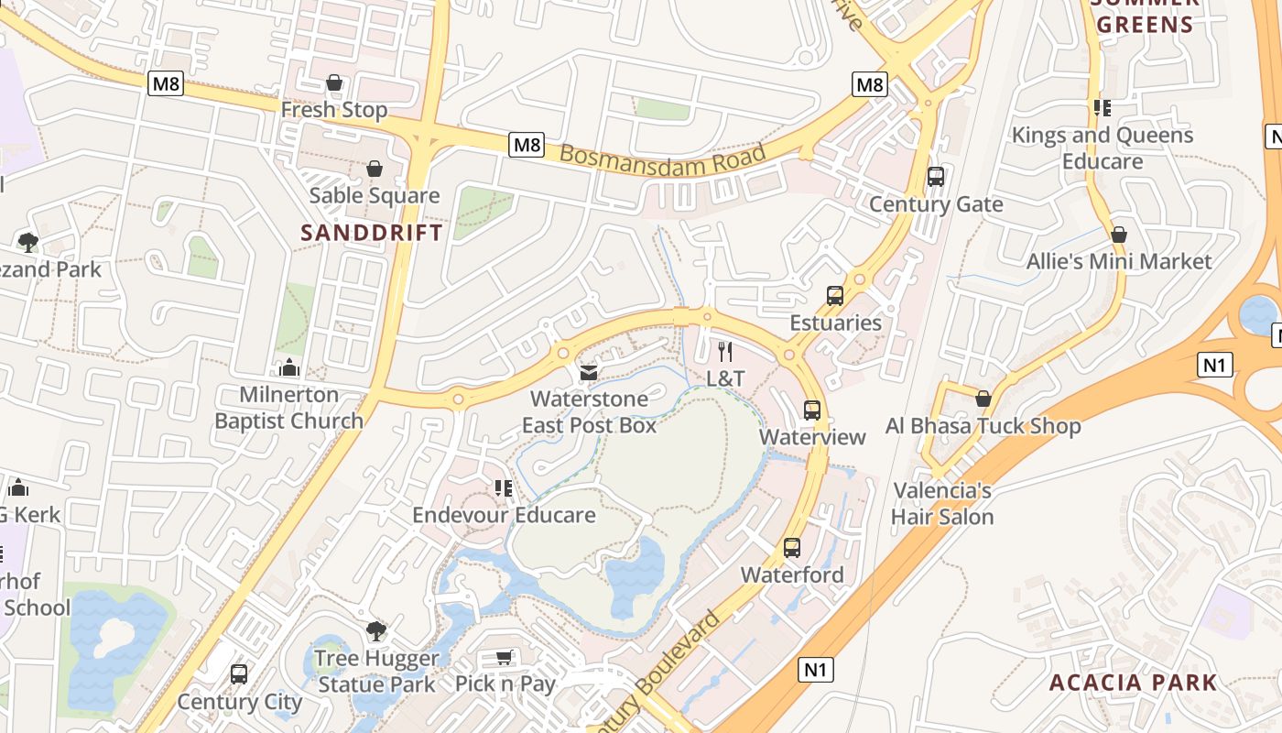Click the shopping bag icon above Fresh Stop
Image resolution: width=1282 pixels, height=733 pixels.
point(334,83)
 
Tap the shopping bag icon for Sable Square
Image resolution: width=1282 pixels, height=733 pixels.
point(374,169)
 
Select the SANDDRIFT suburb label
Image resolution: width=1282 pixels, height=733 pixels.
point(372,233)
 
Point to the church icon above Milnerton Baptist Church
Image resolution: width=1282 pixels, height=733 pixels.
point(289,368)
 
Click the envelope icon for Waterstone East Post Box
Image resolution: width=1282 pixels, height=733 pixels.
point(589,373)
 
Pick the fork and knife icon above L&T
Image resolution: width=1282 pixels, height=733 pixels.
point(725,351)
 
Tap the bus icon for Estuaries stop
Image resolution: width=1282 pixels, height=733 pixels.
point(835,296)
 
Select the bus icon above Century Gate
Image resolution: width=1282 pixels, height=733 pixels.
point(936,177)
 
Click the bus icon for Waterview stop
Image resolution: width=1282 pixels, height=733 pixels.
point(812,410)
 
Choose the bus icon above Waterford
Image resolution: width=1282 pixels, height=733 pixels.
point(792,548)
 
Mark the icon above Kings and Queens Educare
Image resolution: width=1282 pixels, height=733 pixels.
point(1103,108)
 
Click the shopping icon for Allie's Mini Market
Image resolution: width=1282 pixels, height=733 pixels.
point(1118,235)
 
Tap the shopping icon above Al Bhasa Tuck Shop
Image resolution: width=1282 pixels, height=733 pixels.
point(983,399)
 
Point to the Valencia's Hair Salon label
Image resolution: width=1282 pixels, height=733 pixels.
point(942,504)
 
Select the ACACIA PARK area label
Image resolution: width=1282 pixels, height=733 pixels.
point(1133,683)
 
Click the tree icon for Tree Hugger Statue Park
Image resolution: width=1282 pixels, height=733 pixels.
point(375,631)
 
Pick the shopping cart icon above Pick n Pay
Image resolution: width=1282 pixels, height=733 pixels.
point(504,657)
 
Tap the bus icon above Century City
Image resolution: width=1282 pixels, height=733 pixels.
point(239,674)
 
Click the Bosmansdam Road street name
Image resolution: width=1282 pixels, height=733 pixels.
point(662,160)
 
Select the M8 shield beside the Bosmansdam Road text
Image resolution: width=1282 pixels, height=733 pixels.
point(527,145)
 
